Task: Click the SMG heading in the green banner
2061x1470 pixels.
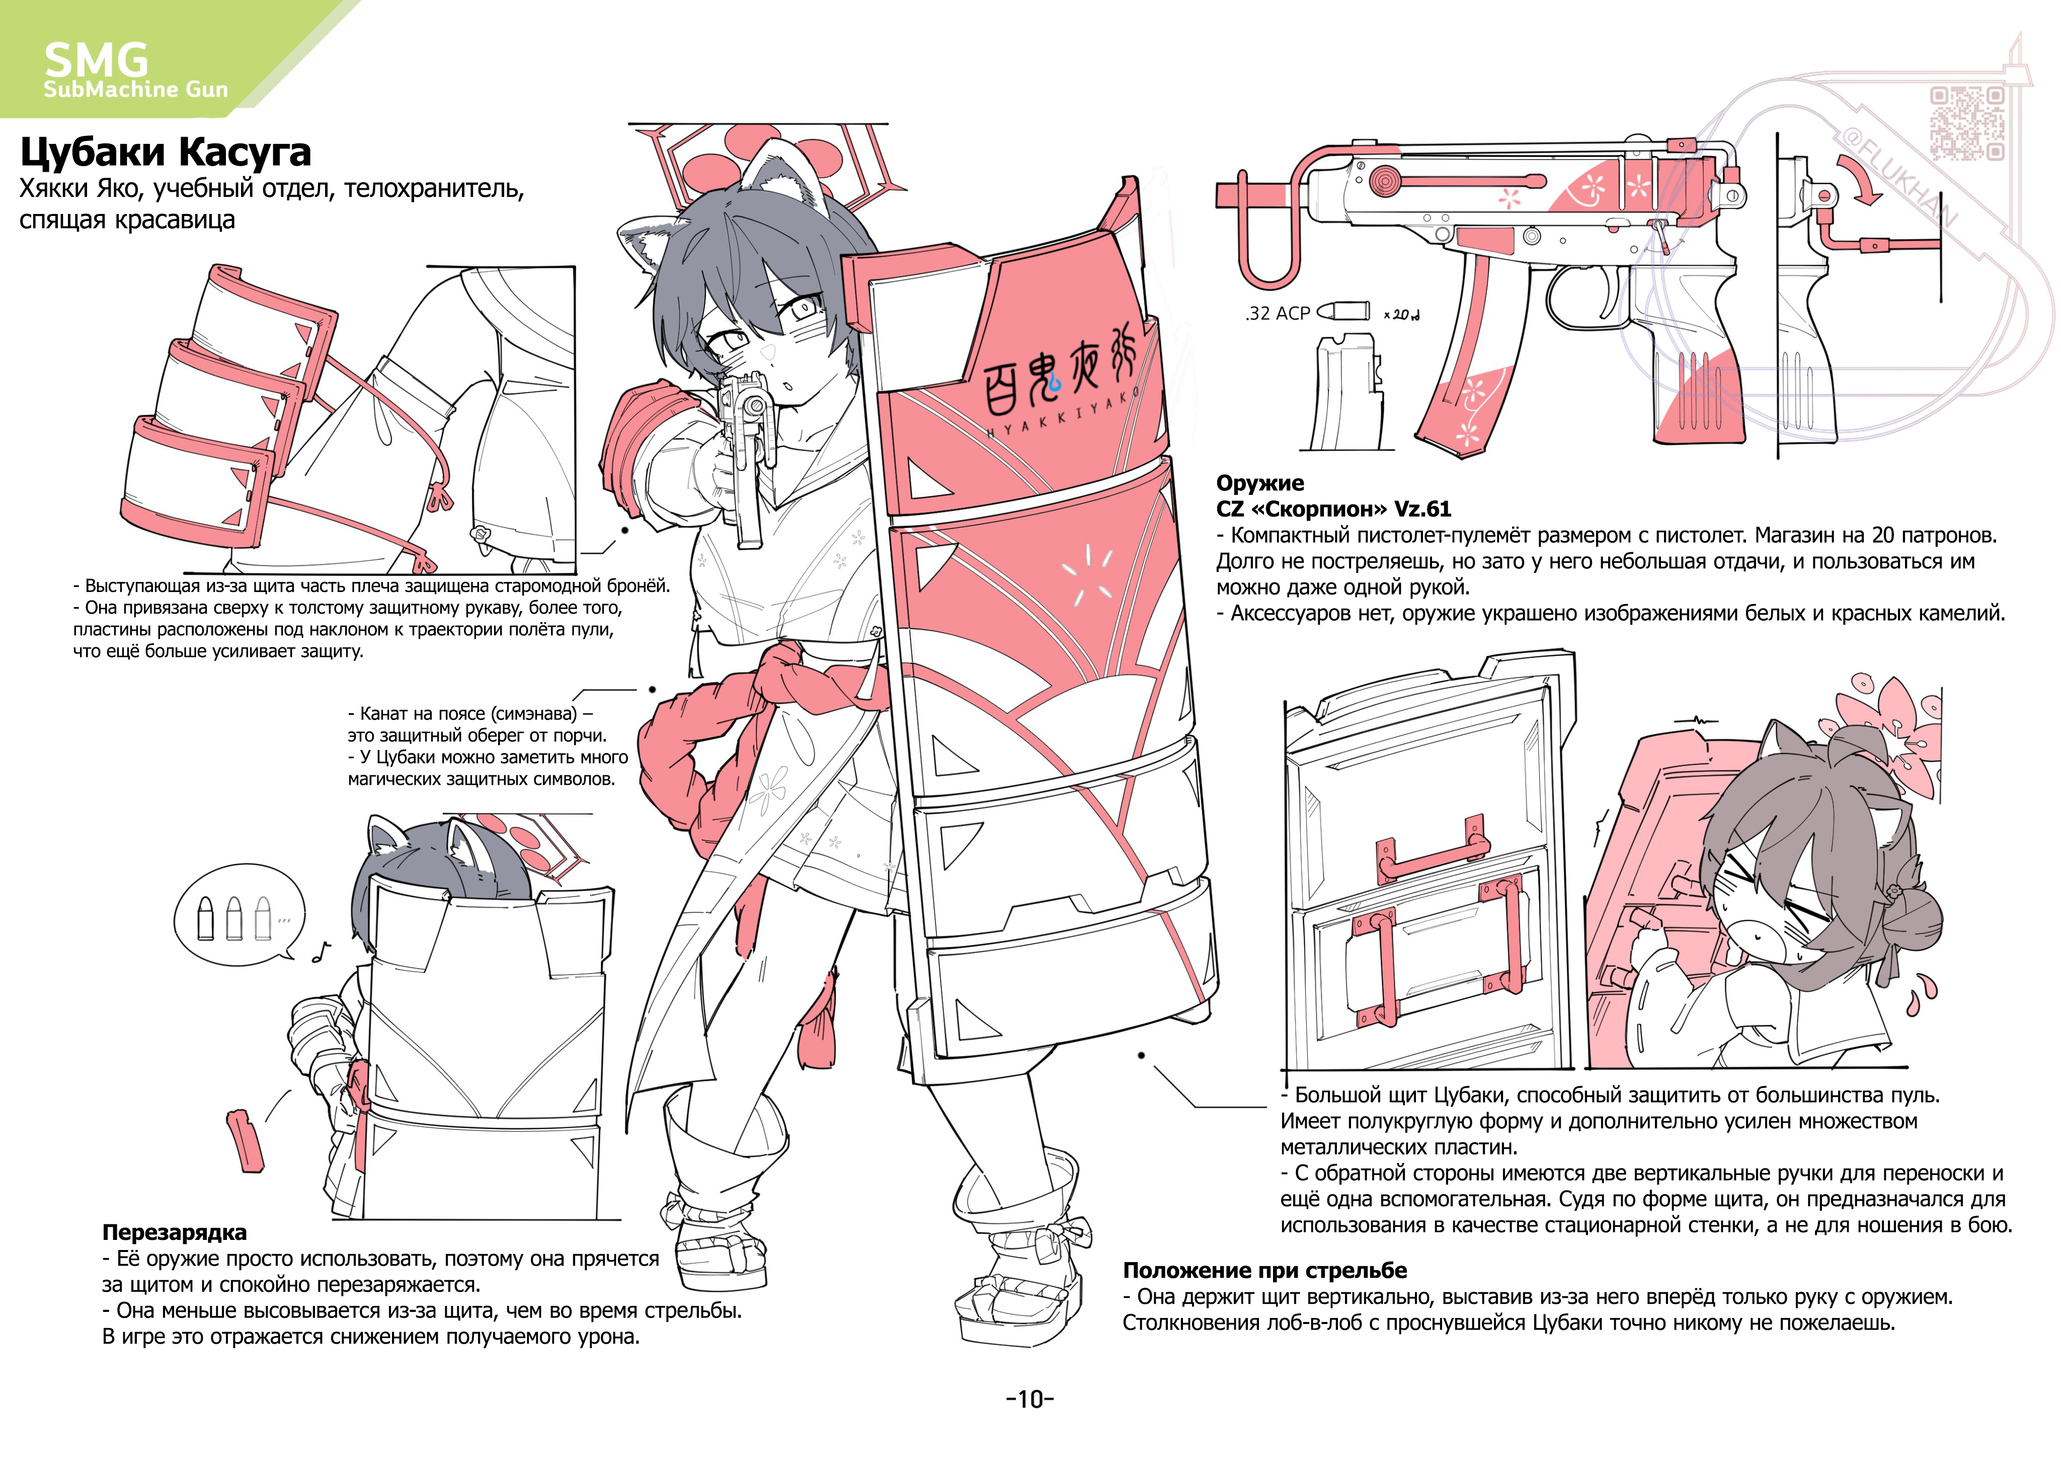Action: (x=96, y=60)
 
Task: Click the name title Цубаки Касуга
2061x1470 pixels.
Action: (x=166, y=152)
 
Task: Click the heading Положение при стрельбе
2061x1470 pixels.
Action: (x=1265, y=1270)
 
